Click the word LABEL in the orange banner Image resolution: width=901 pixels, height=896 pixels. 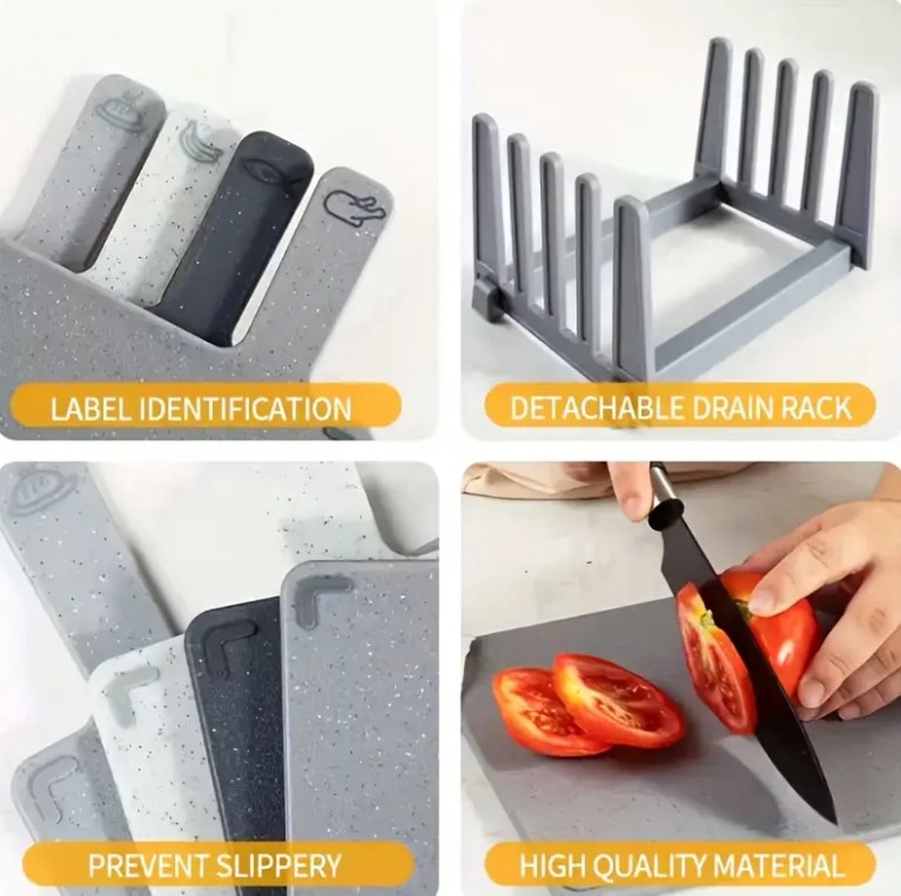click(x=90, y=409)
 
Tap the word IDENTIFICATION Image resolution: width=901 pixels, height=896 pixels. click(x=245, y=409)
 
